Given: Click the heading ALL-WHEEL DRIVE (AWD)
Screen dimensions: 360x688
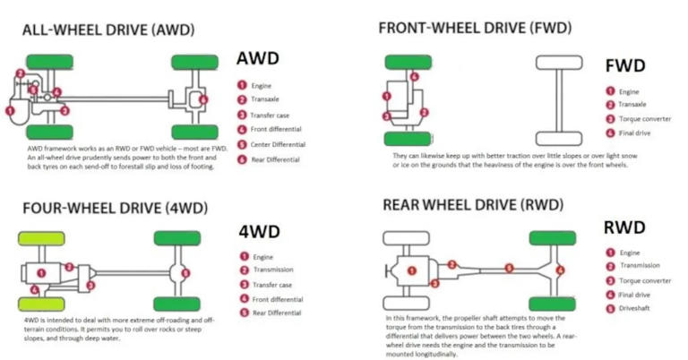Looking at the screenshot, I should tap(108, 30).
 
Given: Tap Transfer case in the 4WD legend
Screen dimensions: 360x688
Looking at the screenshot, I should tap(271, 285).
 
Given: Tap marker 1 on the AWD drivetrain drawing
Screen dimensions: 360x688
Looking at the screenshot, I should tap(10, 109).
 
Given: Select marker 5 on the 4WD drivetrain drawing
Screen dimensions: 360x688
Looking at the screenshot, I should tap(185, 273).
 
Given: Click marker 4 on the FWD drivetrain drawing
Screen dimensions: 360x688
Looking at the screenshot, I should tap(414, 76).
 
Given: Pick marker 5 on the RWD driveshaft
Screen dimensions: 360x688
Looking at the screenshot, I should tap(508, 269).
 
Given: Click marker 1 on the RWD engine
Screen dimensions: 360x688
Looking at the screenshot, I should tap(410, 270).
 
